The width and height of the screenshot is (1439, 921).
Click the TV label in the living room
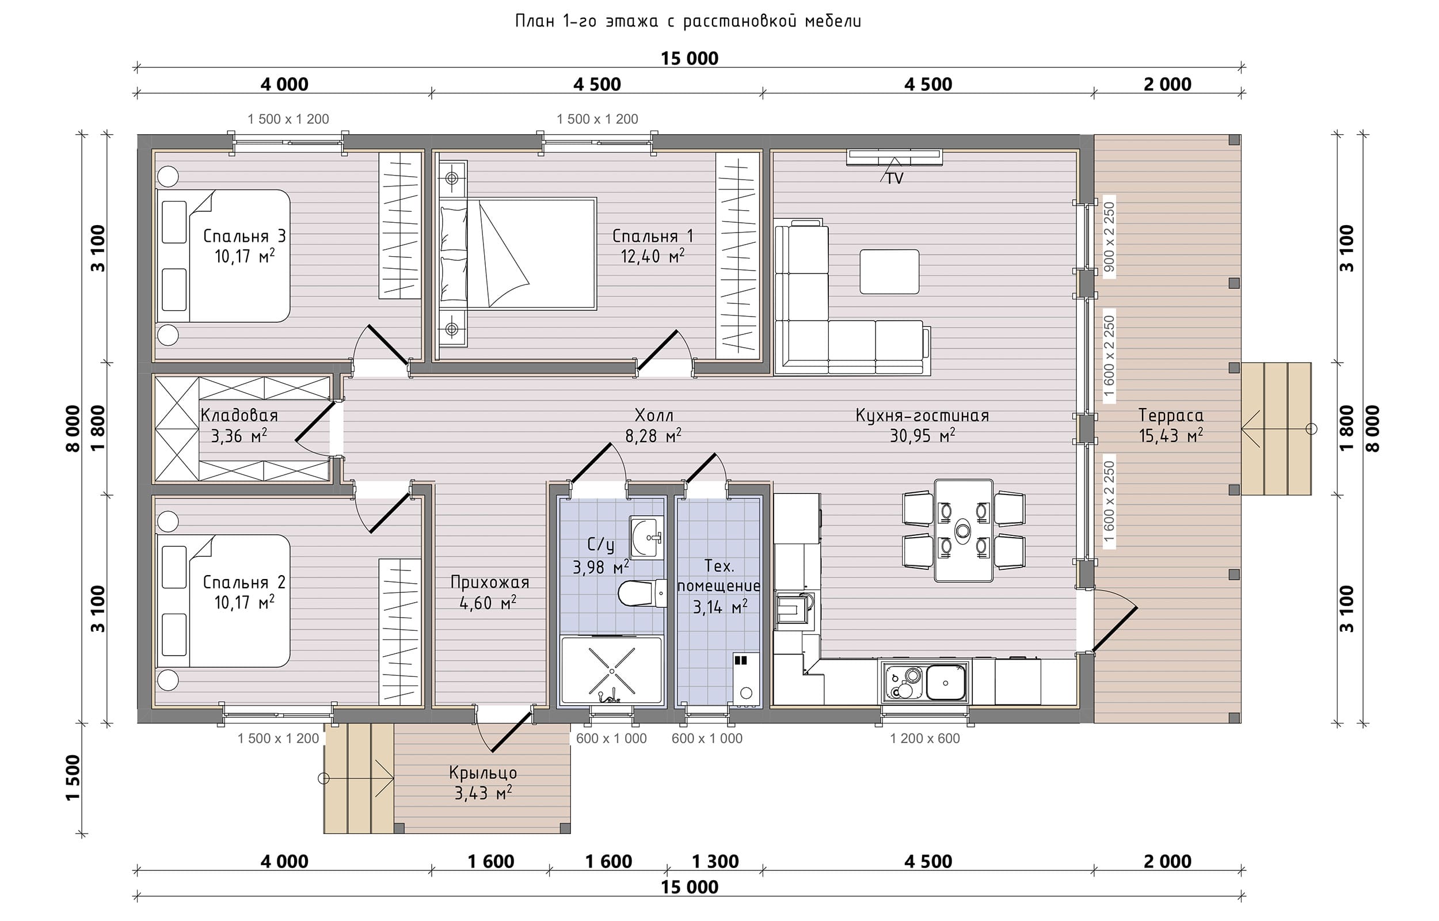click(894, 178)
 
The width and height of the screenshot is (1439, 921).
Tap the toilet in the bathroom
click(642, 593)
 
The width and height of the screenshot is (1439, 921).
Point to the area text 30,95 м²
click(923, 435)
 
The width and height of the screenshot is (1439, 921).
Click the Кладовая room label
click(239, 415)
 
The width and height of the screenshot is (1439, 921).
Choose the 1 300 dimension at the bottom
click(715, 861)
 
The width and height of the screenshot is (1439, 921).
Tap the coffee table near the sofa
click(889, 272)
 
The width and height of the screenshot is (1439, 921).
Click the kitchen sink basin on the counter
click(947, 682)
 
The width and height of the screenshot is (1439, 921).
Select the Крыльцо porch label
click(483, 772)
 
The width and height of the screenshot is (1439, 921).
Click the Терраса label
click(1171, 415)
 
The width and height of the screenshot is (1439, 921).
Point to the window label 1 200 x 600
click(925, 738)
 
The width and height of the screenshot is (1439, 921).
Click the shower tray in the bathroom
click(612, 670)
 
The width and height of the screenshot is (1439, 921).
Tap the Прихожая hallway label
click(490, 582)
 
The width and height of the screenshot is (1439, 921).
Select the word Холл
click(653, 415)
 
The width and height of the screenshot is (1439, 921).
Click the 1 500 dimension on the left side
click(73, 778)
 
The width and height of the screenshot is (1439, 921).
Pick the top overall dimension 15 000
click(690, 58)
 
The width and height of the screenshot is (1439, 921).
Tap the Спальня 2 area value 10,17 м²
click(245, 602)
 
